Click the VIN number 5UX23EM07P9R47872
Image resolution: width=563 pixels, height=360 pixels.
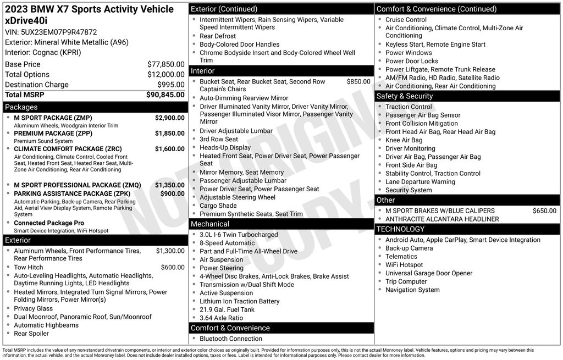click(x=60, y=32)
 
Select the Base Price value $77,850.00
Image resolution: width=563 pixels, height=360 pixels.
click(x=166, y=64)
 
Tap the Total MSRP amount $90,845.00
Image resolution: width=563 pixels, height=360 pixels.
click(x=165, y=95)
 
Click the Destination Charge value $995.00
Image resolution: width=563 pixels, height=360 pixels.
click(x=171, y=85)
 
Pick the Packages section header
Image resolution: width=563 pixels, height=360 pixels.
click(x=21, y=107)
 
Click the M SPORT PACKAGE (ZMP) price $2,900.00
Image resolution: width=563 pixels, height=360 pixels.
click(x=169, y=118)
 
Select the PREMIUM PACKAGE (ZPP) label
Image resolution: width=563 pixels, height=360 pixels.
click(x=53, y=133)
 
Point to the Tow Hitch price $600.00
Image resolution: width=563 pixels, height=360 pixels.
click(x=173, y=267)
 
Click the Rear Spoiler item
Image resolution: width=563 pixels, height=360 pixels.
click(x=31, y=333)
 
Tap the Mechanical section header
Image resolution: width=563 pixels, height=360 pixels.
click(x=209, y=224)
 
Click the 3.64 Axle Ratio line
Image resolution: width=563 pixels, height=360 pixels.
click(x=221, y=318)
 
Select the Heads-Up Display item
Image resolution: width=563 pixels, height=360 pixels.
click(x=225, y=147)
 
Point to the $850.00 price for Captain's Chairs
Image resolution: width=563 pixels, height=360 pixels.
click(x=358, y=81)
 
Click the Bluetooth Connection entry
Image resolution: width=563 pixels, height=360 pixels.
click(x=230, y=339)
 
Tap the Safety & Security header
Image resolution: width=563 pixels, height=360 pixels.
click(x=404, y=96)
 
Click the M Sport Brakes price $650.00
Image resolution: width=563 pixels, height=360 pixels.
click(x=544, y=211)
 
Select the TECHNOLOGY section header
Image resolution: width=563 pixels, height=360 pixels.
click(x=400, y=229)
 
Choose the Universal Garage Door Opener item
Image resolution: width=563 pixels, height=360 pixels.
click(x=428, y=273)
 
